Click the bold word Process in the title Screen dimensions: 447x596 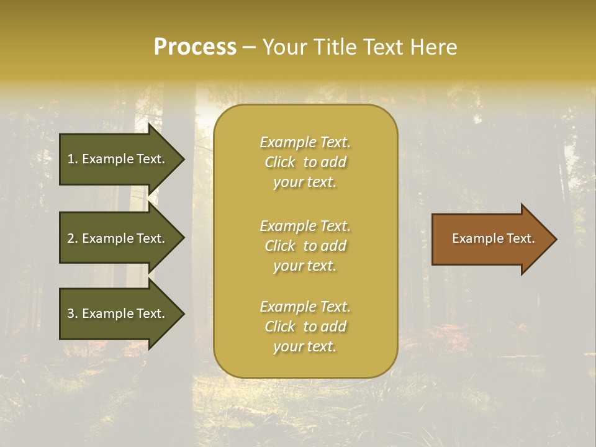195,47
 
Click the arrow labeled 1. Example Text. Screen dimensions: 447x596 118,159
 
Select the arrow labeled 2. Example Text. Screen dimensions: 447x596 118,238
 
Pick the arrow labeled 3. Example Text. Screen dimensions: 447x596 118,314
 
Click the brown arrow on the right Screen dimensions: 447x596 490,239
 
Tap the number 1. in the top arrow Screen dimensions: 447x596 73,159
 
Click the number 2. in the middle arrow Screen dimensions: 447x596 73,238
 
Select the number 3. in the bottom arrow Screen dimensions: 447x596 73,314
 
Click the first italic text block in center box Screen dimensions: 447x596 305,162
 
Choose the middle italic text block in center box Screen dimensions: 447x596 305,246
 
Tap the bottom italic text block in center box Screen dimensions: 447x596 305,327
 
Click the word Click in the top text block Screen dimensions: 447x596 280,162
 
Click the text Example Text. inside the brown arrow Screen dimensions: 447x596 493,238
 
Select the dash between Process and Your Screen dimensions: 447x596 249,47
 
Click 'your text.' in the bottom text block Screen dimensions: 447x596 305,346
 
